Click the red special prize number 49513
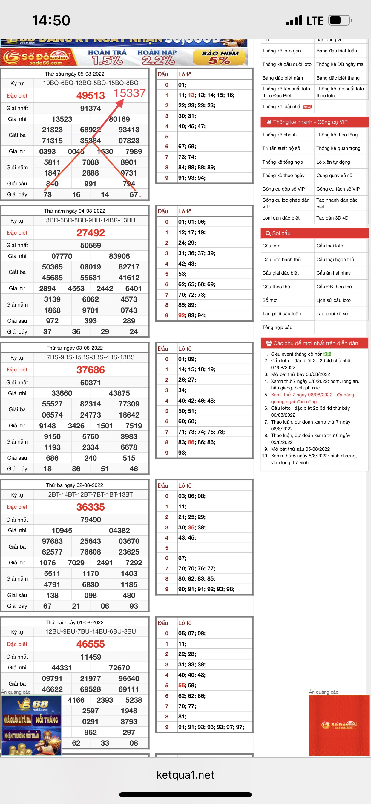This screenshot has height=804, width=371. (x=91, y=95)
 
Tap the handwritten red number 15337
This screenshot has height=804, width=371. (x=129, y=93)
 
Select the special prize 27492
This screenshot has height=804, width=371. (x=91, y=233)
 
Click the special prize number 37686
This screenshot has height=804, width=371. (x=91, y=370)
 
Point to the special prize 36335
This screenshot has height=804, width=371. (x=91, y=507)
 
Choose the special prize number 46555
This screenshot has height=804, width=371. (x=91, y=644)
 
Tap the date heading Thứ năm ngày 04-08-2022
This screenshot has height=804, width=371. (x=74, y=211)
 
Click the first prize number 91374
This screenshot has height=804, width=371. (x=91, y=108)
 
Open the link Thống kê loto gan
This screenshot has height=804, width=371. (x=281, y=51)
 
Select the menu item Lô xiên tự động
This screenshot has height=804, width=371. (x=333, y=162)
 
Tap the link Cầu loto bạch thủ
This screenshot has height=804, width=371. (x=281, y=259)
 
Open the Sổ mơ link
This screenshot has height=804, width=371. (x=269, y=300)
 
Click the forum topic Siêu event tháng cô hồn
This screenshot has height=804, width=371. (x=297, y=354)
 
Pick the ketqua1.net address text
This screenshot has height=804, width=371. (x=185, y=775)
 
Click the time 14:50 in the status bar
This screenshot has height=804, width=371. (x=51, y=21)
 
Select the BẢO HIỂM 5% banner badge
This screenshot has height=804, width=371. (x=220, y=57)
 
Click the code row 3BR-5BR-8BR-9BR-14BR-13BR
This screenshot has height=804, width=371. (x=91, y=220)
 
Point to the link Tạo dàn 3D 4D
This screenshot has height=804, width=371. (x=332, y=218)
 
